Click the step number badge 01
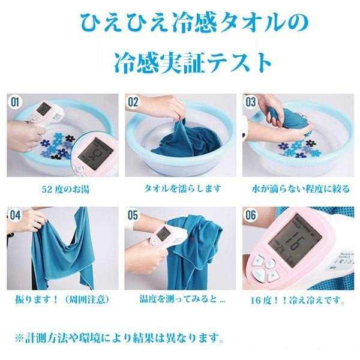point(16,102)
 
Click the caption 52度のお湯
point(59,189)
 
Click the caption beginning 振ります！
point(59,298)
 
